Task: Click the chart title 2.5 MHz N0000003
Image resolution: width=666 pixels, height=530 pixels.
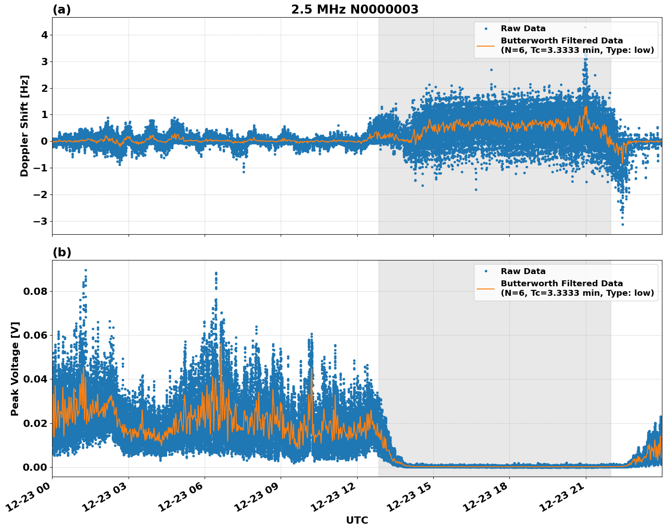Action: tap(355, 9)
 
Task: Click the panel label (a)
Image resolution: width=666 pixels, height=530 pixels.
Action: tap(62, 9)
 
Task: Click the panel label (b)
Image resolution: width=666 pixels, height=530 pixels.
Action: tap(62, 252)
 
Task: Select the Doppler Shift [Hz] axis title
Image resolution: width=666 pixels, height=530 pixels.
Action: tap(24, 126)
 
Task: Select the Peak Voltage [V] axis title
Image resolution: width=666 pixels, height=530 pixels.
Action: tap(15, 369)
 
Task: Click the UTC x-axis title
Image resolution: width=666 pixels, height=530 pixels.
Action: tap(357, 520)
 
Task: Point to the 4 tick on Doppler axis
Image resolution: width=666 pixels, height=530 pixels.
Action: tap(44, 35)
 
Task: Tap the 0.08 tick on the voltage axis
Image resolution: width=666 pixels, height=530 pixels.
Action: tap(35, 291)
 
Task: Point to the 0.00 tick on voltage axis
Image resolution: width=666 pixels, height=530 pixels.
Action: tap(35, 467)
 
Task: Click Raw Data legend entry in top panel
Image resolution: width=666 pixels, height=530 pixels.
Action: tap(523, 28)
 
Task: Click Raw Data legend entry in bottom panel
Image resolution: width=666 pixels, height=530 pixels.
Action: tap(523, 271)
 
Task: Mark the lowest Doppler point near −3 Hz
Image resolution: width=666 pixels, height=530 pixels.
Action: tap(623, 224)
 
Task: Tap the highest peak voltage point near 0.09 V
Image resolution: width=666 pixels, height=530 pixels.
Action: tap(86, 270)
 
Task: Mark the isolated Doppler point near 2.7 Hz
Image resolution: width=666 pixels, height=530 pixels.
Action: tap(491, 70)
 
